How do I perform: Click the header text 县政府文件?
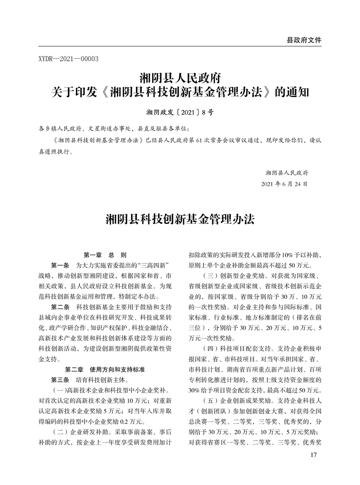(x=304, y=40)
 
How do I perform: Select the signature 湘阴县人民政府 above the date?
(x=287, y=172)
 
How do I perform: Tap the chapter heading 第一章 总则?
(x=105, y=255)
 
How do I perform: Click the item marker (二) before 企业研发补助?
(x=60, y=431)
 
